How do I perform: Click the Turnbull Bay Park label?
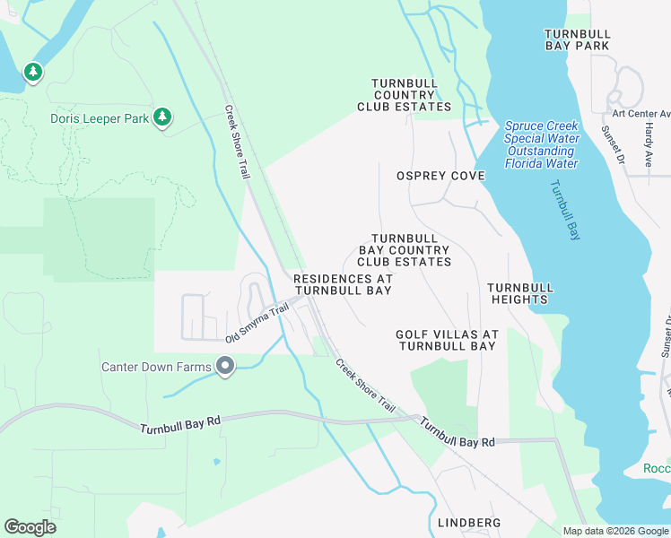pos(577,39)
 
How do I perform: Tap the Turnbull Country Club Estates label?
pos(404,94)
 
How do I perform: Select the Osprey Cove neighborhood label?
pos(440,176)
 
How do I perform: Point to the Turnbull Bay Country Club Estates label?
pos(404,250)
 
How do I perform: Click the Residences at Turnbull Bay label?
pos(343,285)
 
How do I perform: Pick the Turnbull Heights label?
pos(520,293)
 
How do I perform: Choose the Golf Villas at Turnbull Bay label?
pos(446,340)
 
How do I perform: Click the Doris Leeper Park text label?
pos(99,117)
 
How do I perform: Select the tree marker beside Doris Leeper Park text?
pos(162,117)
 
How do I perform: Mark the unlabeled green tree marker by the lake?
pos(33,71)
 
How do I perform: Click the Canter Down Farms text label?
pos(156,367)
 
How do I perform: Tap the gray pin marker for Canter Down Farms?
pos(225,366)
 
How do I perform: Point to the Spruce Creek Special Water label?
pos(541,144)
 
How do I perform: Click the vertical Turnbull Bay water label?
pos(562,210)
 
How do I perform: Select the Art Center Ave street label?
pos(640,114)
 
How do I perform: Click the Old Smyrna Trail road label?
pos(257,323)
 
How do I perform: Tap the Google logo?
pos(30,527)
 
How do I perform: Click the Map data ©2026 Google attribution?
pos(615,531)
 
